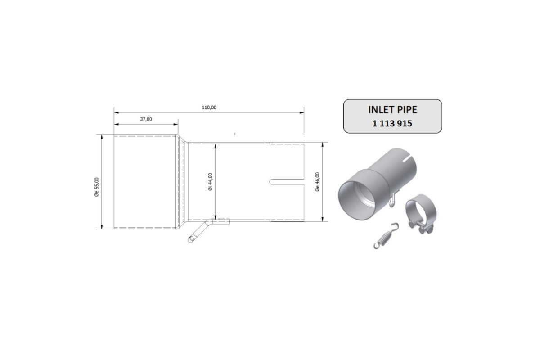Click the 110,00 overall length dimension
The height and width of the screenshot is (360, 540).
coord(209,108)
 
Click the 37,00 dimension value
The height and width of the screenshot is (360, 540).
coord(146,119)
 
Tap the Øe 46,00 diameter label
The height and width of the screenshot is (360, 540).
coord(317,182)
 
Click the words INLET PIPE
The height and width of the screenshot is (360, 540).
coord(392,110)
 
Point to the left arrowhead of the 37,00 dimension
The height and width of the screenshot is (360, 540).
coord(116,125)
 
